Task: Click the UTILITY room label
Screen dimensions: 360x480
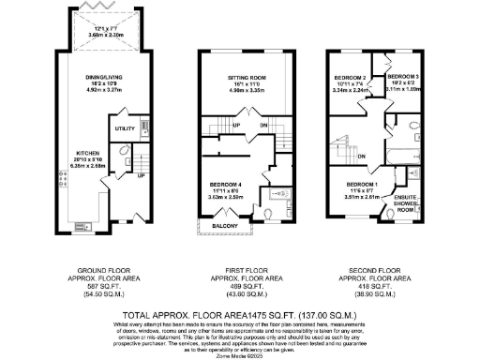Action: [x=124, y=127]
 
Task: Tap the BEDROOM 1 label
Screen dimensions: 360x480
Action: [x=362, y=184]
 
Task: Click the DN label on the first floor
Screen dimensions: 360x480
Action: [x=263, y=125]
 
